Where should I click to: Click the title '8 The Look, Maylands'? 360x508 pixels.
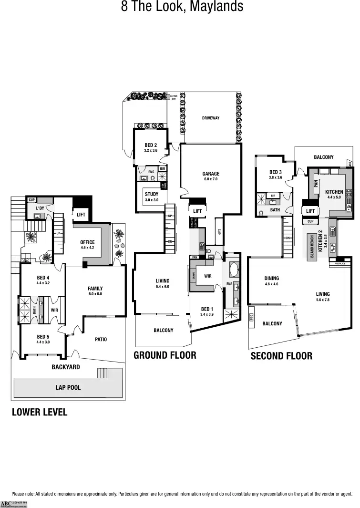(182, 7)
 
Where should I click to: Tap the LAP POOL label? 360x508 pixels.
(68, 387)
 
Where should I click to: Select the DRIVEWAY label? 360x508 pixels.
(210, 118)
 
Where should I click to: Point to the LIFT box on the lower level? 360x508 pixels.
(81, 215)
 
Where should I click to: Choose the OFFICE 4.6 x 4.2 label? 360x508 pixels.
(87, 245)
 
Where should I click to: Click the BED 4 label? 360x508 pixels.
(43, 280)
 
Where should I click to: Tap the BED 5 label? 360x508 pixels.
(43, 339)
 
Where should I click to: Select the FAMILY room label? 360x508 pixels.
(95, 291)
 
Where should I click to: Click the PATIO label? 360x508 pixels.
(101, 339)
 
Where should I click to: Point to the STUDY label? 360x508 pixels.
(152, 197)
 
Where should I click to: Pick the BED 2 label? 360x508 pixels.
(151, 147)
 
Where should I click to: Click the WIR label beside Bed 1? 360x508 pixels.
(208, 276)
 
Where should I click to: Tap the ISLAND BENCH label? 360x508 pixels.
(312, 247)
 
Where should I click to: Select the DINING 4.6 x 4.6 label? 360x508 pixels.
(271, 281)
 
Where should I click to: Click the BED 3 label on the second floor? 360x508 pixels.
(276, 175)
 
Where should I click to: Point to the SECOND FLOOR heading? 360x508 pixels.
(281, 356)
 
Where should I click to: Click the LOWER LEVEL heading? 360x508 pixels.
(40, 412)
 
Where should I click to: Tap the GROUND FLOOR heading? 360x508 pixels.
(165, 355)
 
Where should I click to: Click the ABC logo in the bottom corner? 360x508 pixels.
(7, 503)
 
